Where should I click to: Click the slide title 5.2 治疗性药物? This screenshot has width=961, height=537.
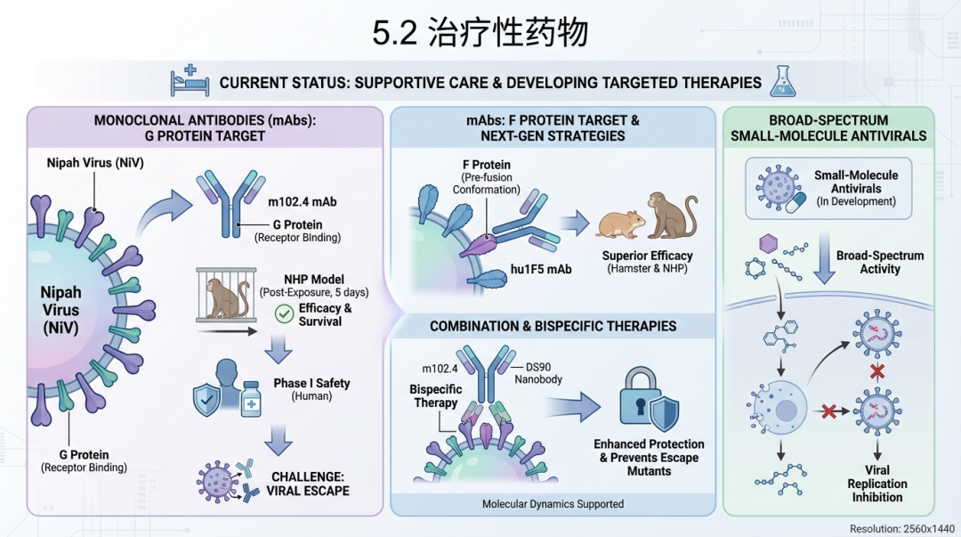tap(480, 33)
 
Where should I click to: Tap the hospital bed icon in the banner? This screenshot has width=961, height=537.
tap(190, 81)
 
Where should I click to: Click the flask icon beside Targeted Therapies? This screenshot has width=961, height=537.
tap(783, 81)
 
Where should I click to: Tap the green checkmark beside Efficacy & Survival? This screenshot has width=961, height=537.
tap(285, 313)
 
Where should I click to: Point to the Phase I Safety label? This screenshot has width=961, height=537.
tap(311, 383)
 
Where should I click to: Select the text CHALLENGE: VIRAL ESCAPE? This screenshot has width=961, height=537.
tap(309, 483)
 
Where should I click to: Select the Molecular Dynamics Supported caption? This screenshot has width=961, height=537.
tap(553, 504)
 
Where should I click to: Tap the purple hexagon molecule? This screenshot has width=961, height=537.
tap(763, 244)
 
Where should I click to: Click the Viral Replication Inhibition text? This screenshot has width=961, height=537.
tap(877, 484)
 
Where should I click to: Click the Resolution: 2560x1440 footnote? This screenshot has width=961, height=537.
tap(900, 528)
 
